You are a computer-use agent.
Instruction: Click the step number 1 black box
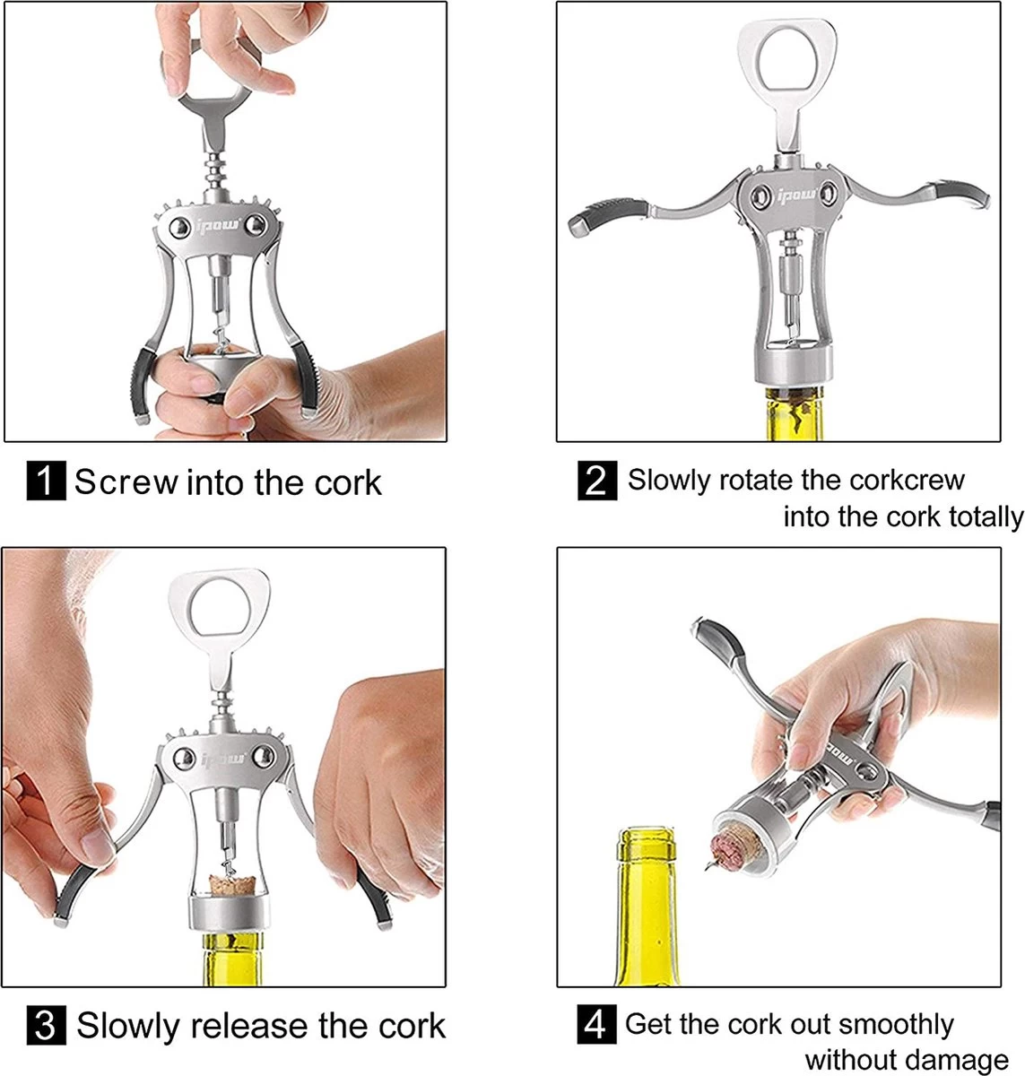[46, 481]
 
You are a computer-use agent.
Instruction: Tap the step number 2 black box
[597, 481]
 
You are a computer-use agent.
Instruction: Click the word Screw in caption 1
[126, 482]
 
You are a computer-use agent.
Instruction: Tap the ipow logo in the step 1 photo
[218, 226]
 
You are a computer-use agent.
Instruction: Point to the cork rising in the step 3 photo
[227, 885]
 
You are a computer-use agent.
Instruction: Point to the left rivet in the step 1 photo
[179, 227]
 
